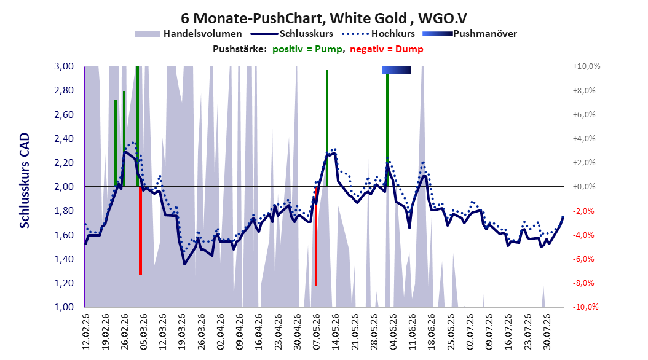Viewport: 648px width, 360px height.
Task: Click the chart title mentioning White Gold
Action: click(x=323, y=18)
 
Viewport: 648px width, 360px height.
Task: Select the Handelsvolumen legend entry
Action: click(x=188, y=34)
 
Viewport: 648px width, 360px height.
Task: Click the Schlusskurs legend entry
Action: click(x=292, y=34)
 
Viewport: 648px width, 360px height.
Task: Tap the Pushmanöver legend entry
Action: click(x=470, y=34)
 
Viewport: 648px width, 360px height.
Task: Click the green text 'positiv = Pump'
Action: click(x=307, y=49)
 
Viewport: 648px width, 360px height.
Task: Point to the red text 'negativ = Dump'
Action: click(x=387, y=49)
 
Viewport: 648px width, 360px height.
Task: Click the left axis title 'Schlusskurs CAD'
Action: click(x=25, y=181)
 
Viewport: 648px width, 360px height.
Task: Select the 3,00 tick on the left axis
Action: click(x=64, y=66)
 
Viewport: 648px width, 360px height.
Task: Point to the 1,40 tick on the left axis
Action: click(x=64, y=259)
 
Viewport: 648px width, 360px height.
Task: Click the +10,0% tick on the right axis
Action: click(x=587, y=66)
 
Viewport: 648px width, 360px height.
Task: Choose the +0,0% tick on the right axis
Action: click(x=584, y=187)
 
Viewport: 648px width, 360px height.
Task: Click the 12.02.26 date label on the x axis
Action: click(x=85, y=332)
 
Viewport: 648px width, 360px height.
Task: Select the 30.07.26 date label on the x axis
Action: click(x=547, y=332)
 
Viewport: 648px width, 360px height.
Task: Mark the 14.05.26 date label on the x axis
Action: click(x=335, y=332)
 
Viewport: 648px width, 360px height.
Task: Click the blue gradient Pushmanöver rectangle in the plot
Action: click(x=397, y=70)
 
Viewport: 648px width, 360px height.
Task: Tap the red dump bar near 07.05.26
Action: click(x=316, y=236)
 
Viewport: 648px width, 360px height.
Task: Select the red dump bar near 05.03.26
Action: click(x=141, y=231)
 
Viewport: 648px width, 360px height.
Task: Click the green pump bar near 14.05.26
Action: click(x=327, y=128)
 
